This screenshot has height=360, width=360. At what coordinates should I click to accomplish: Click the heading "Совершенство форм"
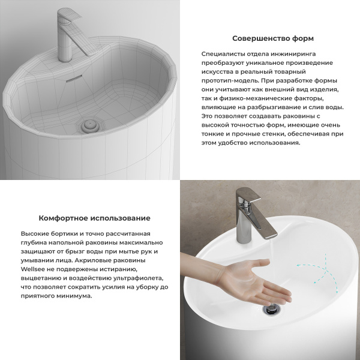tap(272, 38)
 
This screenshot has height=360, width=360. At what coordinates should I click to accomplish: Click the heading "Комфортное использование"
tap(94, 218)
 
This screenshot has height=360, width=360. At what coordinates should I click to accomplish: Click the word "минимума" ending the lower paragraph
tap(75, 296)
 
